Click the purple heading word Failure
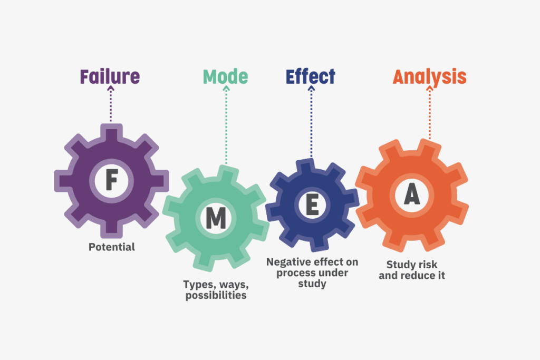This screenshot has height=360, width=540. pos(110,77)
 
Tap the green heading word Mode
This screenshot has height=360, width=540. pos(225,77)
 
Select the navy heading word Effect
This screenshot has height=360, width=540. pos(310,77)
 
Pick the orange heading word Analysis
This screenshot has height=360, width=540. pos(429,77)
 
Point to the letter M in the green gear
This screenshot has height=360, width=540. pos(216,218)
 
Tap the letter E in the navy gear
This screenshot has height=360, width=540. pos(312,205)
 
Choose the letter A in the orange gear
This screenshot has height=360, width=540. pos(412,195)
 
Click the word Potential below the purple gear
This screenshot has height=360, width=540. pos(112,247)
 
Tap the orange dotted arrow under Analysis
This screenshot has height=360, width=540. pos(429,113)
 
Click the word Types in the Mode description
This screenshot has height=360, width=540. pos(196,285)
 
